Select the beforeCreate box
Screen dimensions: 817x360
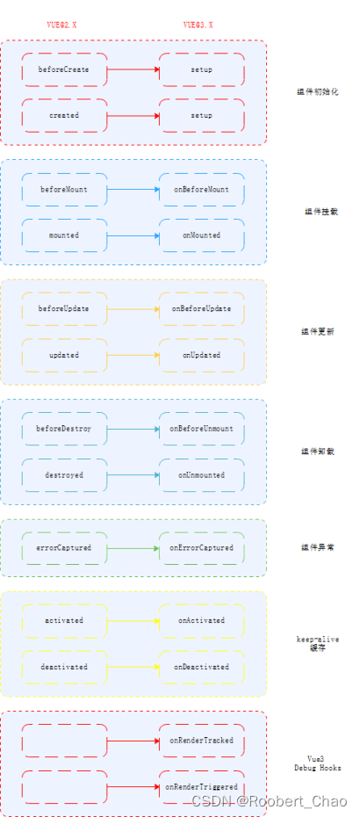[x=64, y=69]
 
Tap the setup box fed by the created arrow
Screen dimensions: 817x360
[x=201, y=115]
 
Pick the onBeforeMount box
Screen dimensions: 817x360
[x=201, y=189]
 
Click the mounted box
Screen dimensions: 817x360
[x=64, y=235]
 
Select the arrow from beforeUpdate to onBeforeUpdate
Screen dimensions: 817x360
[x=133, y=309]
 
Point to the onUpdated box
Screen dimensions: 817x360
[x=201, y=356]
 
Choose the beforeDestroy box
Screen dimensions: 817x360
[x=64, y=429]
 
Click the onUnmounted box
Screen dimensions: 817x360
[x=201, y=475]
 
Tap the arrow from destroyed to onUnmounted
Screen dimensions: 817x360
[x=133, y=475]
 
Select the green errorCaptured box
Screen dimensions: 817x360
[x=64, y=548]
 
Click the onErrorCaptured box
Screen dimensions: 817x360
[x=201, y=548]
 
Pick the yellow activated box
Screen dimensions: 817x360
[x=64, y=620]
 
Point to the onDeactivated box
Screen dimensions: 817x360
[x=201, y=667]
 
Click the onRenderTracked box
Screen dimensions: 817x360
[x=201, y=741]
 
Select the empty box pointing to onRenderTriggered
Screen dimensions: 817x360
[x=64, y=787]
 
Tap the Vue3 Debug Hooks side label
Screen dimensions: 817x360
[x=317, y=763]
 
